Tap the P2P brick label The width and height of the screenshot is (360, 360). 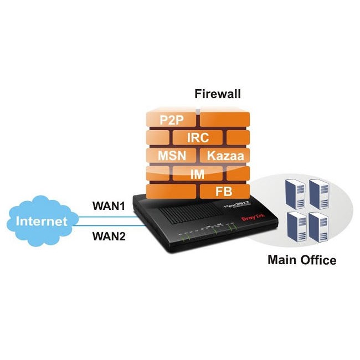click(171, 120)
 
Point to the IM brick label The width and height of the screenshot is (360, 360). click(197, 174)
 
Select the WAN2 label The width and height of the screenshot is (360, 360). click(109, 237)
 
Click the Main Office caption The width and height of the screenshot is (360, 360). click(302, 259)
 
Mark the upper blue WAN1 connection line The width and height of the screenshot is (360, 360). click(105, 217)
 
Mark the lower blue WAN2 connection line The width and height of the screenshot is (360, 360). click(105, 225)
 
